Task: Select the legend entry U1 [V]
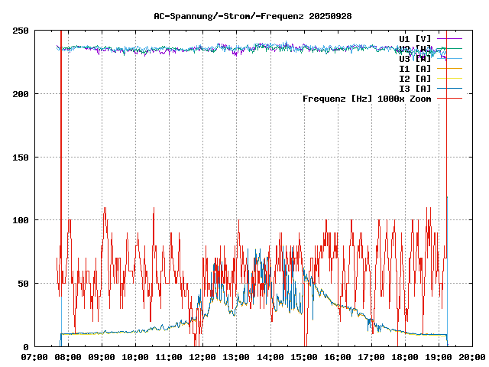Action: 415,38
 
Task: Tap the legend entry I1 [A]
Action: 415,68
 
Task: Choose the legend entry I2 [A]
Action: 415,78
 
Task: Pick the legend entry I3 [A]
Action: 415,88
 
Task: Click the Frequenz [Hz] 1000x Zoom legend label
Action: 367,98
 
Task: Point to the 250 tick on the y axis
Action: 21,31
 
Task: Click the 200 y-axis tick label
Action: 21,94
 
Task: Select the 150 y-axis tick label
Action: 21,157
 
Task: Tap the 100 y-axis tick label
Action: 21,220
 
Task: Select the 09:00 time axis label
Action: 102,357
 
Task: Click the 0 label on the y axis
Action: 26,346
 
